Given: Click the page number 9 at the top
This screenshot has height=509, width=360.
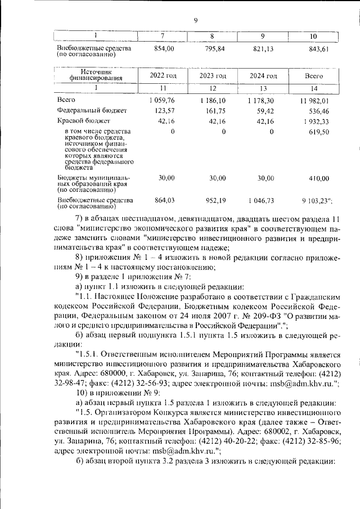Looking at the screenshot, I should point(195,21).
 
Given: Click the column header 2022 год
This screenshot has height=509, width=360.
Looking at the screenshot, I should point(163,75).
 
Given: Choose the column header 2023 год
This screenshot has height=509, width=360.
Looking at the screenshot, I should point(213,75).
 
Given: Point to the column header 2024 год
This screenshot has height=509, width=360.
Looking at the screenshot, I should point(263,75).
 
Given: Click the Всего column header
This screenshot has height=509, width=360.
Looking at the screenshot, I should point(313,75).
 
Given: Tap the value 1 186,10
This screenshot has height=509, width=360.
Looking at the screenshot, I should point(213,100).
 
